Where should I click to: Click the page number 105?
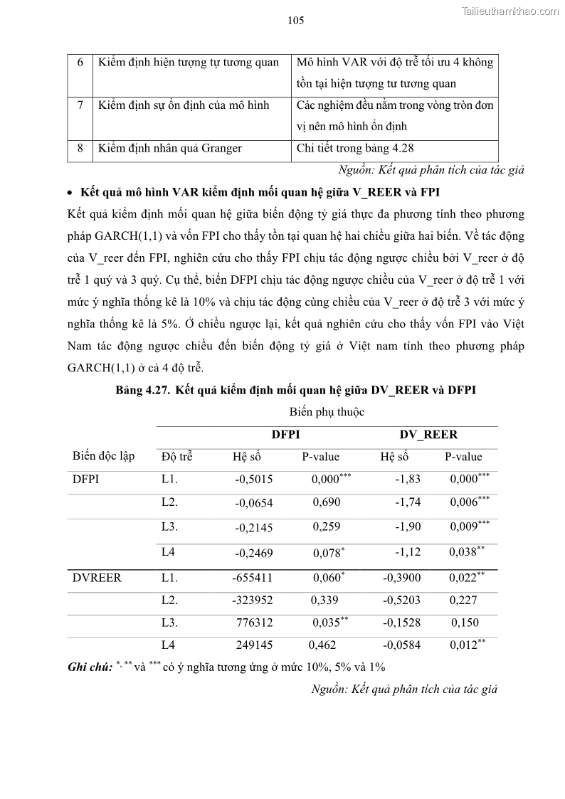[296, 21]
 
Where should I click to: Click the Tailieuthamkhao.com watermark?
[510, 11]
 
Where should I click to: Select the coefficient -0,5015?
[254, 480]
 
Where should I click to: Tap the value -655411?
[252, 578]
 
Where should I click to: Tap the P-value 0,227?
[463, 600]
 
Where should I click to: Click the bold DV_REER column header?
[428, 435]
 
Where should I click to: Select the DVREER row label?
[97, 578]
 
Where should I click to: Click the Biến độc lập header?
[103, 456]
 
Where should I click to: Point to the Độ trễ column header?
[177, 457]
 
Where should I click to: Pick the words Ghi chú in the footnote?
[90, 667]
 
